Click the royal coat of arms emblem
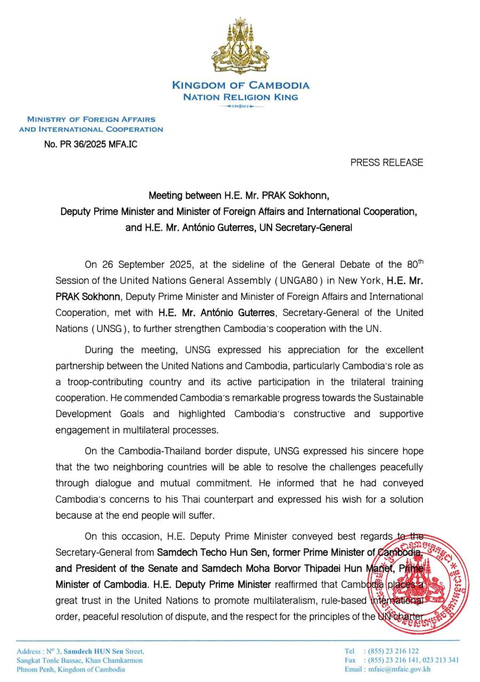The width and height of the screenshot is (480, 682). click(240, 47)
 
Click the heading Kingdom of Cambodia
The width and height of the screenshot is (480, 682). click(240, 85)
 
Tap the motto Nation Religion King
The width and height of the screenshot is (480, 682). click(240, 97)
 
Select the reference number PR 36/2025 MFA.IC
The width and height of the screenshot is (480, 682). click(91, 143)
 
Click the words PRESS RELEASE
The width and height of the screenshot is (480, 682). click(387, 163)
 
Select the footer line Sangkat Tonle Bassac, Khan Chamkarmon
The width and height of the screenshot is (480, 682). click(80, 660)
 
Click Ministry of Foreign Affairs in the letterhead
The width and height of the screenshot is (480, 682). click(91, 119)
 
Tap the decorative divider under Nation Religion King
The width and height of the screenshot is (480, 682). click(240, 107)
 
